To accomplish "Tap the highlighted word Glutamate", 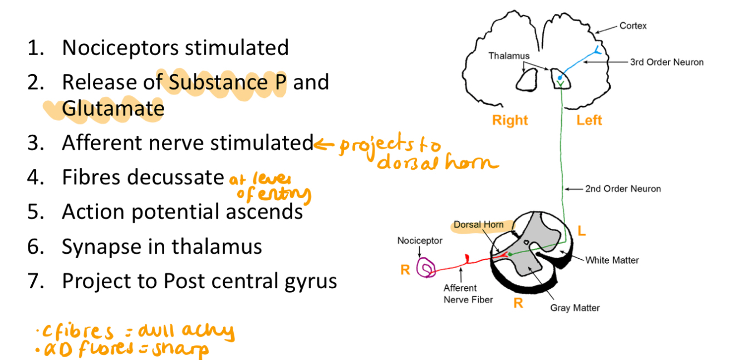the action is pyautogui.click(x=113, y=108).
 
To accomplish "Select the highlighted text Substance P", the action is pyautogui.click(x=228, y=82).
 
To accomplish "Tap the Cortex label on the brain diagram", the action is pyautogui.click(x=633, y=26).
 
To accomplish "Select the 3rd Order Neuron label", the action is pyautogui.click(x=666, y=62).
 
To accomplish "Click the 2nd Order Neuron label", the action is pyautogui.click(x=623, y=189).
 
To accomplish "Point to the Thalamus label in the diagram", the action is pyautogui.click(x=509, y=56).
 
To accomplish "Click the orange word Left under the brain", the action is pyautogui.click(x=589, y=120).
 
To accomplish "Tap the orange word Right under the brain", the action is pyautogui.click(x=510, y=120).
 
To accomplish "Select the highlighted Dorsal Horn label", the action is pyautogui.click(x=478, y=225).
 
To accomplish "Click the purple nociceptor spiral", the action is pyautogui.click(x=428, y=268).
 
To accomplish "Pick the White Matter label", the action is pyautogui.click(x=612, y=260).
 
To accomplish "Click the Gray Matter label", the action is pyautogui.click(x=575, y=308).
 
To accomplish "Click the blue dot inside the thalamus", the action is pyautogui.click(x=559, y=78).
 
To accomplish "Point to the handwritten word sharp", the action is pyautogui.click(x=180, y=350).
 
